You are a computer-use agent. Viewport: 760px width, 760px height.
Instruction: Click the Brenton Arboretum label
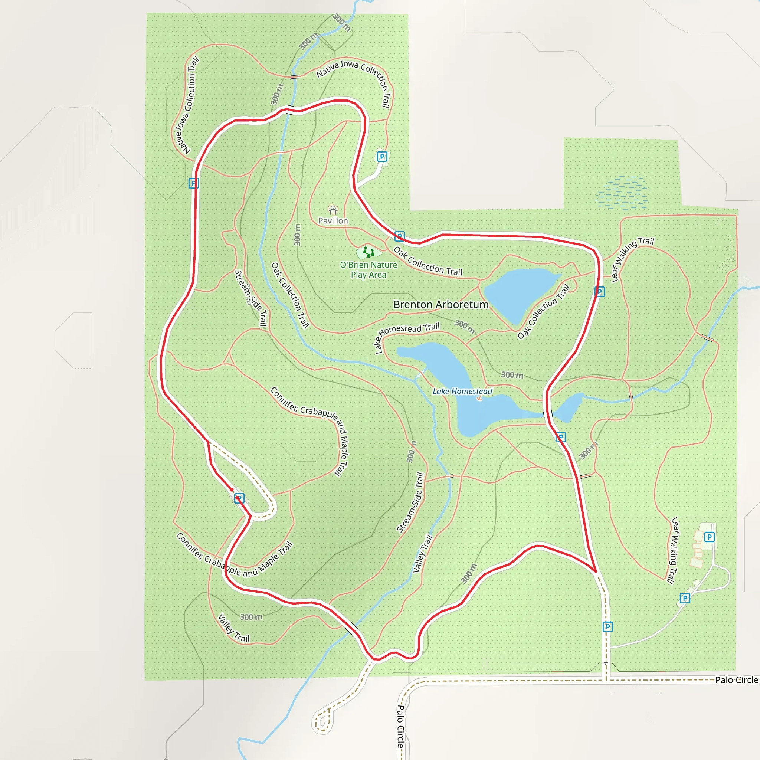tap(440, 304)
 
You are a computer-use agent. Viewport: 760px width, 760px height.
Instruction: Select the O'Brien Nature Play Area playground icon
tap(368, 251)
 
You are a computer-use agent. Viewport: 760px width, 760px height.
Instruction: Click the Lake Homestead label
tap(462, 391)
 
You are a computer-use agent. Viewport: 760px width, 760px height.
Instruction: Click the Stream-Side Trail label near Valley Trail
tap(410, 502)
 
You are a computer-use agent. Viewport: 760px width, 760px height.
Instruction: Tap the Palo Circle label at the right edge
tap(736, 680)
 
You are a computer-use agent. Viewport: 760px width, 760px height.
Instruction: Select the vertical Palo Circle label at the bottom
tap(400, 726)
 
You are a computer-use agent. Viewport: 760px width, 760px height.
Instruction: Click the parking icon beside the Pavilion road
tap(382, 157)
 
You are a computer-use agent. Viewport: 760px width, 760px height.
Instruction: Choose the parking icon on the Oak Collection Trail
tap(399, 236)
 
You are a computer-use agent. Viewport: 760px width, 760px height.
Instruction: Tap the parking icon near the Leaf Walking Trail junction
tap(599, 291)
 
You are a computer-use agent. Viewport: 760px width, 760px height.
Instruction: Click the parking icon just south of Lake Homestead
tap(561, 437)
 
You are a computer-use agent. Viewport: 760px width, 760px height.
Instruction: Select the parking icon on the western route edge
tap(194, 183)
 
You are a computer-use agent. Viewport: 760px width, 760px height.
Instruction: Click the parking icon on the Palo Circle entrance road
tap(607, 627)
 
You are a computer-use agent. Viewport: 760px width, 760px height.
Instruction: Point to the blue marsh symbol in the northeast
tap(622, 193)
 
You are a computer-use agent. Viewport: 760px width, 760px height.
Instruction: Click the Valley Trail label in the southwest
tap(234, 628)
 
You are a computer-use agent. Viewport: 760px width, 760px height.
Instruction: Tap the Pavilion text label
tap(333, 221)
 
